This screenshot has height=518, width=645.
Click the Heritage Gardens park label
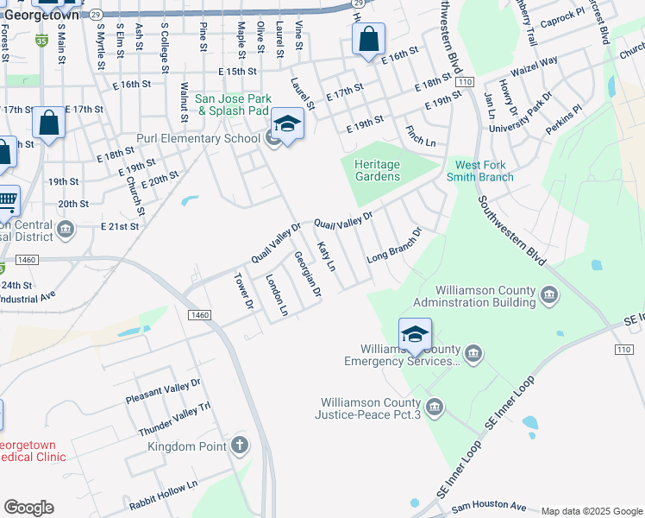[x=378, y=170]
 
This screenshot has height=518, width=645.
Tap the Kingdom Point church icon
[x=240, y=446]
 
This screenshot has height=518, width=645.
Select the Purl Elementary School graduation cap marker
[x=287, y=125]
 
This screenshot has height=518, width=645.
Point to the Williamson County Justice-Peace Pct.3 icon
[x=435, y=407]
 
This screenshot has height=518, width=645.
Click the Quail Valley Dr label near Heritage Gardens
[x=343, y=220]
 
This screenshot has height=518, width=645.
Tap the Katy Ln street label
[x=326, y=256]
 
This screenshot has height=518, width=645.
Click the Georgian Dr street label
[x=307, y=275]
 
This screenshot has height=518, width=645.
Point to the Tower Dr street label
[x=244, y=292]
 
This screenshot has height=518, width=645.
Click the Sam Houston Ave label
[x=488, y=506]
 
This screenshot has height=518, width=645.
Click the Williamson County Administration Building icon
[x=548, y=296]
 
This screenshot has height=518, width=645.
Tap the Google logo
[x=28, y=508]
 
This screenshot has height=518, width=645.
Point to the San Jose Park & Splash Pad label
[x=233, y=104]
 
